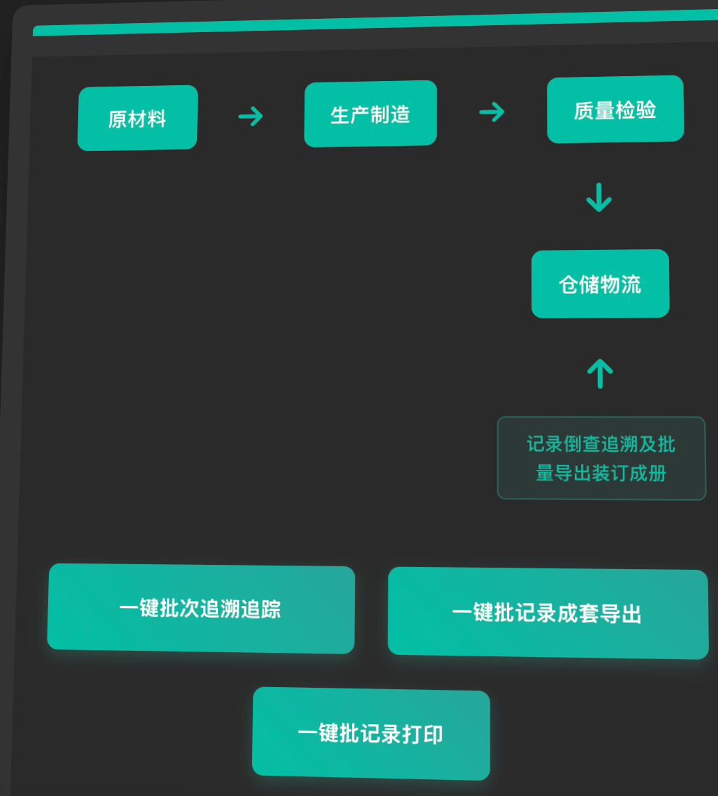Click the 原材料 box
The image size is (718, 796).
[x=138, y=118]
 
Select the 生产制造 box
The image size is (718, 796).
[x=370, y=114]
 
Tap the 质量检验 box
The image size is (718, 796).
[x=615, y=110]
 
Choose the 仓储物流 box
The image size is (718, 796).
[x=600, y=283]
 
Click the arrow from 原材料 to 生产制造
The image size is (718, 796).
[x=251, y=116]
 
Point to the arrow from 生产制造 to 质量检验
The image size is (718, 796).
[x=492, y=112]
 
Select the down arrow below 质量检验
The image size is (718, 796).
[x=599, y=198]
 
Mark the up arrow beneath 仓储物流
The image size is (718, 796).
[x=600, y=373]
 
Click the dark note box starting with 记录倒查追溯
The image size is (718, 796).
[x=601, y=458]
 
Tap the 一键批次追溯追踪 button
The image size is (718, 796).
[x=200, y=608]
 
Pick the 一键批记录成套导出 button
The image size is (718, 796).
[x=547, y=613]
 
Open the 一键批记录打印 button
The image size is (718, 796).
[x=371, y=733]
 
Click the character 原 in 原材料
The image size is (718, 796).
[x=117, y=119]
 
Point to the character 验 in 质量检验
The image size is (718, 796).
[x=646, y=110]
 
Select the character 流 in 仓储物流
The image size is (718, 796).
[x=631, y=284]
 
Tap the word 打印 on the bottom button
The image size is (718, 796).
[x=423, y=735]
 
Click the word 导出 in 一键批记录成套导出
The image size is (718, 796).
[x=621, y=614]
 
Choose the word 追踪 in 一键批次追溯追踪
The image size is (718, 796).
[x=261, y=610]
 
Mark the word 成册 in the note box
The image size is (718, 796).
[x=647, y=474]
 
